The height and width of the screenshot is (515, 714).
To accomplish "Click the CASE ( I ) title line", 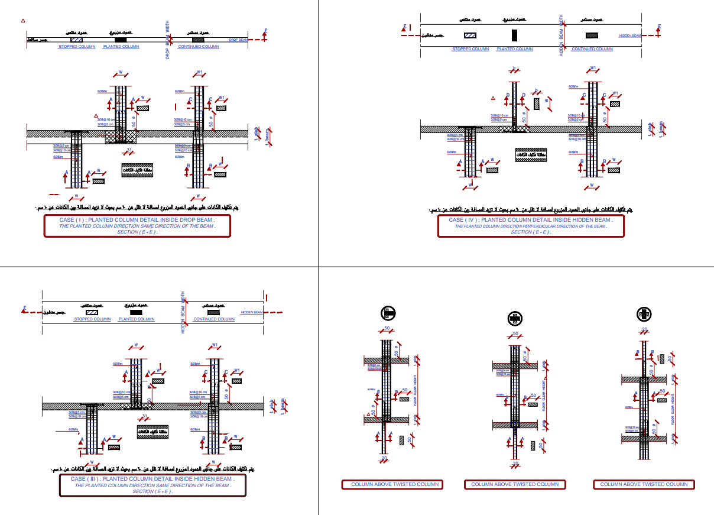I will pyautogui.click(x=137, y=220).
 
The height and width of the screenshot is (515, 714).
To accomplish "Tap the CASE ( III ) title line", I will pyautogui.click(x=152, y=479).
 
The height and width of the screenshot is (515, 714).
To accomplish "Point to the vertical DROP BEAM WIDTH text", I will pyautogui.click(x=167, y=41).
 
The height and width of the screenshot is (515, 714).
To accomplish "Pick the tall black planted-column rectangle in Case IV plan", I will pyautogui.click(x=515, y=35).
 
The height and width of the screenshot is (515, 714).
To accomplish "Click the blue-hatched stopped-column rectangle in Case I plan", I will pyautogui.click(x=76, y=40).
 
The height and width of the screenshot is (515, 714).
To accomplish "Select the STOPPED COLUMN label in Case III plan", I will pyautogui.click(x=92, y=319).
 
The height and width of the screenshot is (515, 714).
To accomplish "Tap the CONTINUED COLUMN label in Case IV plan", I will pyautogui.click(x=592, y=49).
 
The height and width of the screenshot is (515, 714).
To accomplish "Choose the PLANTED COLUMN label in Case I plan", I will pyautogui.click(x=121, y=47).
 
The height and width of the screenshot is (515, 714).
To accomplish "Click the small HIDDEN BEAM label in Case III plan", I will pyautogui.click(x=252, y=312).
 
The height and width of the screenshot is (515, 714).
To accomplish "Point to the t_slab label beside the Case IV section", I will pyautogui.click(x=650, y=129).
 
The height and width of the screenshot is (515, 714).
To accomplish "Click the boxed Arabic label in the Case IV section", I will pyautogui.click(x=530, y=155).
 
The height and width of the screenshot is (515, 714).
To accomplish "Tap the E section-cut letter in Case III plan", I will pyautogui.click(x=25, y=307).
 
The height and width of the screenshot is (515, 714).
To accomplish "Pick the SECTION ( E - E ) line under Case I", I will pyautogui.click(x=137, y=232).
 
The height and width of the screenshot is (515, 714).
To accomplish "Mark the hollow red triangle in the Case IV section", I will pyautogui.click(x=492, y=98).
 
